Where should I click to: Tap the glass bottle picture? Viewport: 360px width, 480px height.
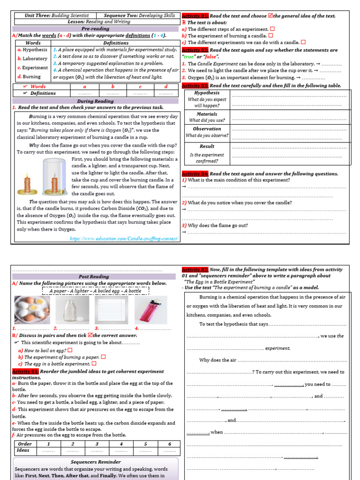(69, 310)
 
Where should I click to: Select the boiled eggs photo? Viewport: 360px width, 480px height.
(30, 310)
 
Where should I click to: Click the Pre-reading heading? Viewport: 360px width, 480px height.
(95, 29)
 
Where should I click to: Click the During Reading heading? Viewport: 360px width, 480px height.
(95, 101)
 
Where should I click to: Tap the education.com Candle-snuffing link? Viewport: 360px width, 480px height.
(124, 239)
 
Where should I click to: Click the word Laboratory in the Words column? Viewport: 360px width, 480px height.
(35, 59)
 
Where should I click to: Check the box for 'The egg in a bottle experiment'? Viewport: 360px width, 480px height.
(94, 363)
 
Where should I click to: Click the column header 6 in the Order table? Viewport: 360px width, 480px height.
(169, 443)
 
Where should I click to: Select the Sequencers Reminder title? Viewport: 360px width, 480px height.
(96, 462)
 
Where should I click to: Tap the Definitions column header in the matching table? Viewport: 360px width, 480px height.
(116, 43)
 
